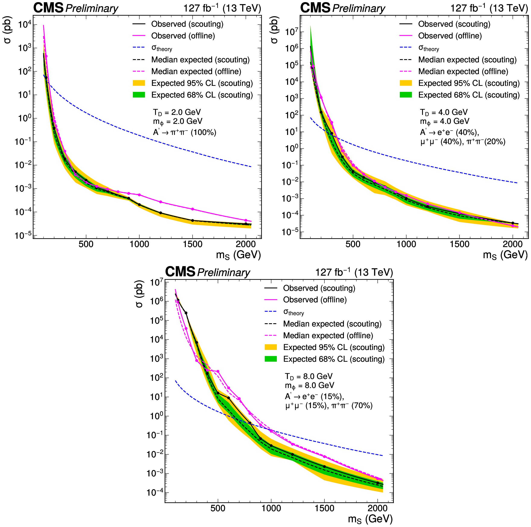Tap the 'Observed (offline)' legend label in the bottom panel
tap(315, 300)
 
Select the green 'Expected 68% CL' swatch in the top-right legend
tap(406, 95)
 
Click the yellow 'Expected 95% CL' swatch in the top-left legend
tap(139, 83)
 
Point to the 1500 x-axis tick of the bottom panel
tap(324, 508)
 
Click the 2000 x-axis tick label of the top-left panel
tap(246, 244)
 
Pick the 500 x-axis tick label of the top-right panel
tap(353, 244)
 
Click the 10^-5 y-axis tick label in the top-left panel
tap(23, 236)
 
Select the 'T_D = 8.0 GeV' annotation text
tap(308, 376)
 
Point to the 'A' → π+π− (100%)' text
tap(184, 132)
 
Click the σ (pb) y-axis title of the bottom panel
tap(139, 294)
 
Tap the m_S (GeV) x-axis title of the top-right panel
tap(505, 255)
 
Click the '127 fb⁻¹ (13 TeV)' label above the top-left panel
tap(222, 8)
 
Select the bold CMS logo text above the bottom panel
tap(180, 272)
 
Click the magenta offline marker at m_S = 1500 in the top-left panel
tap(192, 209)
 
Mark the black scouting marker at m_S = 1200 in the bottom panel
tap(292, 454)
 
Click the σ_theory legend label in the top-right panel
tap(428, 48)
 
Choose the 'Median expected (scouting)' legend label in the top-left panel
tap(200, 60)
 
